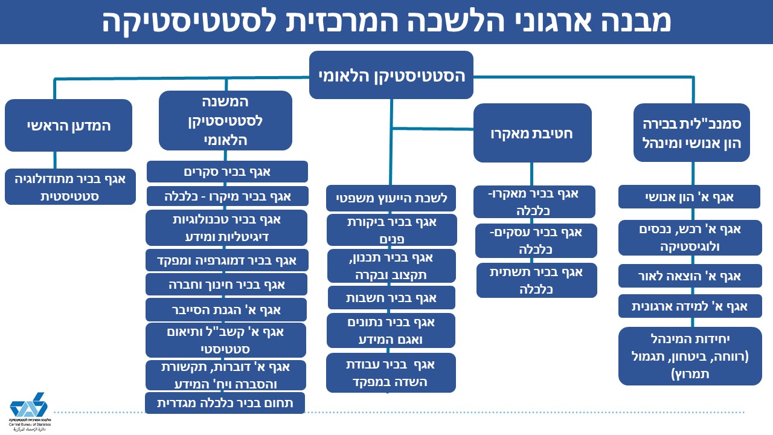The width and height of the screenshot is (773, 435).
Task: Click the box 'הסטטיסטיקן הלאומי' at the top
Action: click(x=391, y=75)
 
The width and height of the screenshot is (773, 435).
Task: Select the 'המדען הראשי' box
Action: click(x=68, y=125)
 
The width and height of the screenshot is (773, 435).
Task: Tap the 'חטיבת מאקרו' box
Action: click(x=532, y=133)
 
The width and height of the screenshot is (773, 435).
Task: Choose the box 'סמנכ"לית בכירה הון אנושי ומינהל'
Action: click(x=691, y=132)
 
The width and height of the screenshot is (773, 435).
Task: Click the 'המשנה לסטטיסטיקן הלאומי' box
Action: click(x=225, y=120)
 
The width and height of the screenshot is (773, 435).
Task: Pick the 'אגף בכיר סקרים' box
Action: click(x=227, y=172)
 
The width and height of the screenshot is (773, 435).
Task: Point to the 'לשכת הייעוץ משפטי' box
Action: click(x=391, y=198)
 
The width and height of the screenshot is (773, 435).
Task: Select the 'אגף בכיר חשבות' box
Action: click(x=391, y=298)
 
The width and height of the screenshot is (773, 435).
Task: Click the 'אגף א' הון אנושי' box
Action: click(x=689, y=197)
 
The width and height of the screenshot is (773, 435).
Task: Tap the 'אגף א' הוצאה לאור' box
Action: click(x=690, y=276)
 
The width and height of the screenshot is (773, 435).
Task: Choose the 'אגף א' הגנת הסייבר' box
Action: click(x=226, y=310)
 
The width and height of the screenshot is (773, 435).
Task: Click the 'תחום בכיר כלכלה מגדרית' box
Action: click(x=225, y=403)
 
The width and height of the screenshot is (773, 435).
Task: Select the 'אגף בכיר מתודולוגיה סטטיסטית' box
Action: click(x=70, y=187)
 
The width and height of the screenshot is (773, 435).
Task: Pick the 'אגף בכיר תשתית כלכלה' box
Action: click(x=537, y=280)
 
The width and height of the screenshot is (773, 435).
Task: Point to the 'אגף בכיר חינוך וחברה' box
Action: click(x=226, y=285)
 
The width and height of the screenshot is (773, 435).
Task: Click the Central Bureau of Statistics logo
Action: click(x=30, y=411)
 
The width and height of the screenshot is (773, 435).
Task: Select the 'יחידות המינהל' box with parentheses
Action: click(x=690, y=356)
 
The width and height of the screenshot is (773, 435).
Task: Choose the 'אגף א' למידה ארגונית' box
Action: click(x=690, y=306)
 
